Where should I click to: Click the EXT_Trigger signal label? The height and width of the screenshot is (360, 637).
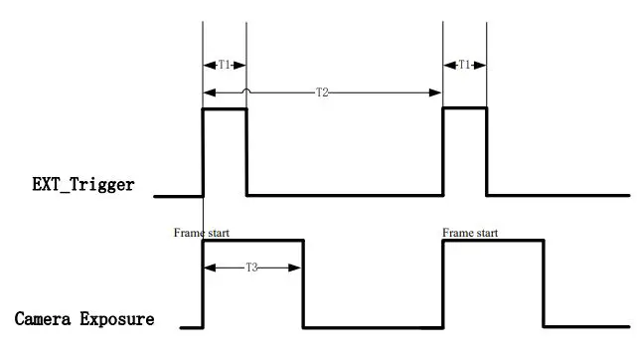coord(82,185)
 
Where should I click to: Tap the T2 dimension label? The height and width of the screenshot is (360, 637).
coord(322,92)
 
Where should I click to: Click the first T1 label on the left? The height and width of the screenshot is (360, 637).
coord(225,65)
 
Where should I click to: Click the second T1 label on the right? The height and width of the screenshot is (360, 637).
coord(464,65)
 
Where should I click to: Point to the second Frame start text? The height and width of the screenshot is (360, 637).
coord(470,233)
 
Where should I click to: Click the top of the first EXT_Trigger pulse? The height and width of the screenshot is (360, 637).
coord(225,109)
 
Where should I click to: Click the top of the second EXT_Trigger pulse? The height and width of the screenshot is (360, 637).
coord(464,108)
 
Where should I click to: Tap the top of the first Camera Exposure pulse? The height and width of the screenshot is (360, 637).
coord(252,241)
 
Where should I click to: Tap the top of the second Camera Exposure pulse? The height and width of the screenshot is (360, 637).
coord(492,241)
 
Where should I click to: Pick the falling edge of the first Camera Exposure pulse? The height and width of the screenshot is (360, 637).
coord(302,283)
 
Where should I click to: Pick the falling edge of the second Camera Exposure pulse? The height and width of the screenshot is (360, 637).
coord(543,283)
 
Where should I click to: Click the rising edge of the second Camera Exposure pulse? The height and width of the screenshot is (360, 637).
coord(442,283)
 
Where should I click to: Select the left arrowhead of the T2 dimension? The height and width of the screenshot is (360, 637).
coord(206,92)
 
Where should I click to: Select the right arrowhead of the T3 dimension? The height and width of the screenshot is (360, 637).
coord(297,267)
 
